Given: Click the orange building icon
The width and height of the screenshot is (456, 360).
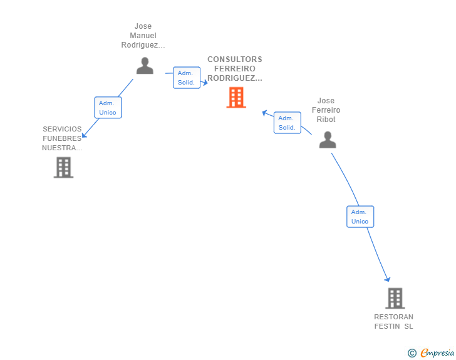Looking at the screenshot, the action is [x=236, y=98].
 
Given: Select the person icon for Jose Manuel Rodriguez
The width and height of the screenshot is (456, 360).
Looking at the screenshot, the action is [x=145, y=66].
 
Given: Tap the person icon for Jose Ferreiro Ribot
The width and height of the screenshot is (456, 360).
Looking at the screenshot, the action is [x=328, y=140].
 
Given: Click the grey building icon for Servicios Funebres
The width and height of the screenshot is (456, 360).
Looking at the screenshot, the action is [x=63, y=167].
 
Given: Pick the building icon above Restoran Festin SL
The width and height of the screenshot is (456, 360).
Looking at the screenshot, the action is [x=395, y=298].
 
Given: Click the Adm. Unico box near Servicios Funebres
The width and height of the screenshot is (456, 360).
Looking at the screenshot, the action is [x=108, y=108].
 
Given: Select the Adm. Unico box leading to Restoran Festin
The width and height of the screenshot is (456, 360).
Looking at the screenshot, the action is [x=360, y=217].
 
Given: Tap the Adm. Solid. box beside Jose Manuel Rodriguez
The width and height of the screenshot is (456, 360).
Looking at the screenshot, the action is [x=187, y=78].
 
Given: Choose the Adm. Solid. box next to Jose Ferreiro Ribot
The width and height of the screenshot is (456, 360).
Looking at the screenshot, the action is [x=288, y=123].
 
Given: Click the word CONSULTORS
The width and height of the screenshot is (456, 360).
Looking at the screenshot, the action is [x=235, y=59].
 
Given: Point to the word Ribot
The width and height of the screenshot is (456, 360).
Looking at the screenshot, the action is [x=326, y=120].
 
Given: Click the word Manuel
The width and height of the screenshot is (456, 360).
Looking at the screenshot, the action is [x=143, y=36].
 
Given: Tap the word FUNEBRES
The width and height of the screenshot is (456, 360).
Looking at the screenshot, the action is [x=62, y=138].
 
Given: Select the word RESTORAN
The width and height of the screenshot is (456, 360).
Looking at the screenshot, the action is [x=393, y=317].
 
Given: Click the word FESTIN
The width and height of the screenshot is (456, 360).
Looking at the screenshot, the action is [x=387, y=326].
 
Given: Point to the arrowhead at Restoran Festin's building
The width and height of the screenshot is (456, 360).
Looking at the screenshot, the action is [x=388, y=279].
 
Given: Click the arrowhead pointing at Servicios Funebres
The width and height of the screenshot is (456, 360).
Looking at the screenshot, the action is [x=84, y=135].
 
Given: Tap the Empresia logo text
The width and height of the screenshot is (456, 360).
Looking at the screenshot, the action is [x=437, y=352].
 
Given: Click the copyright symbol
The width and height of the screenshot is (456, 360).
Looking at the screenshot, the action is [x=412, y=353].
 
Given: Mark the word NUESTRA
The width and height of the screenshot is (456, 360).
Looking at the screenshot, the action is [x=62, y=148].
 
